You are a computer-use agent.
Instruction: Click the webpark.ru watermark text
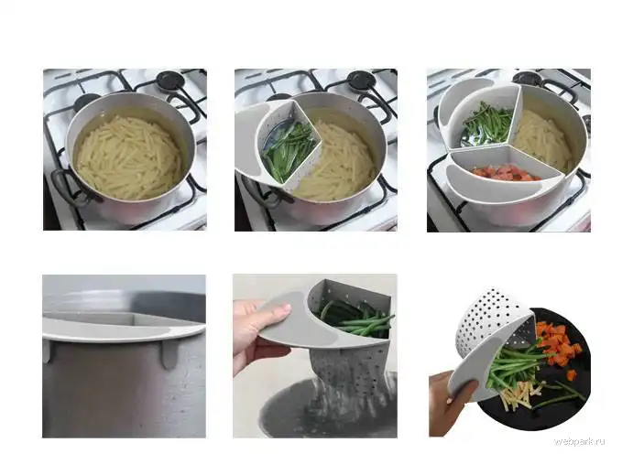(579, 441)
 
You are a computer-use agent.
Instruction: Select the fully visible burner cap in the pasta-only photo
(170, 80)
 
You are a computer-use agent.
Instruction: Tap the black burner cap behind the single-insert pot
(361, 80)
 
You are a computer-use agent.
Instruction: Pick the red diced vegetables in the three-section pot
(506, 173)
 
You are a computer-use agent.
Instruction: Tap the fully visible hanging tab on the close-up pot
(169, 354)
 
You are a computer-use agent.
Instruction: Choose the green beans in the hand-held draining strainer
(355, 319)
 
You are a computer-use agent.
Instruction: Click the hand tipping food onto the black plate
(449, 404)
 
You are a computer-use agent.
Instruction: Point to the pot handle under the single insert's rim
(262, 193)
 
